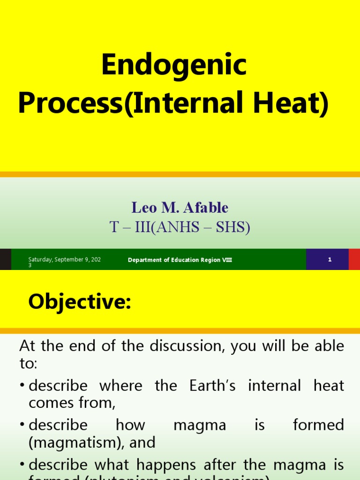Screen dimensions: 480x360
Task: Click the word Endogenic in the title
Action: point(174,65)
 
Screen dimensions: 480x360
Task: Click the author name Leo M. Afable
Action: point(180,207)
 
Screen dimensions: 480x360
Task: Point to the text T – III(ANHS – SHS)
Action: point(180,227)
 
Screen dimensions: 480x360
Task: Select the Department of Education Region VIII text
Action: point(180,260)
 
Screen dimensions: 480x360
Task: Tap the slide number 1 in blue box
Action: point(330,259)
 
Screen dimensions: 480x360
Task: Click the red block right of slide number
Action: point(354,259)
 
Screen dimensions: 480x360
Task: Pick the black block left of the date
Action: point(5,259)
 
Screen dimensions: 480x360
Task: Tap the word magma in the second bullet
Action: point(200,425)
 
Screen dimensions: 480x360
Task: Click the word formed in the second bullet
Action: point(318,425)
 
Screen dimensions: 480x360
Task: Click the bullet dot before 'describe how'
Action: point(22,426)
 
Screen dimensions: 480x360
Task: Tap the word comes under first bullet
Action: point(51,403)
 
